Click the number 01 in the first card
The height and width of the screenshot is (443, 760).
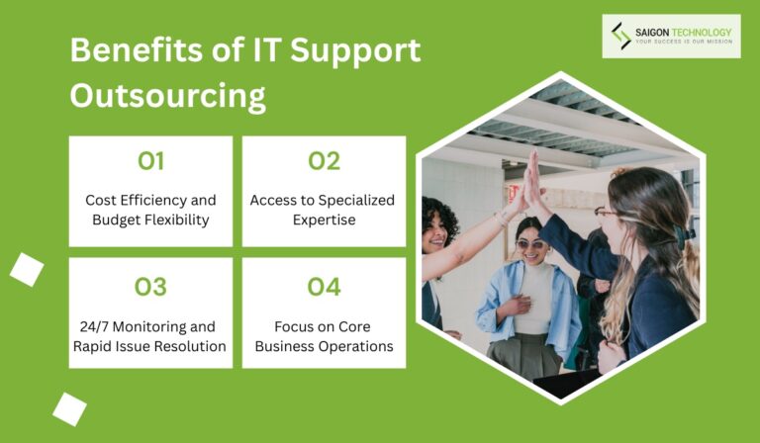(150, 161)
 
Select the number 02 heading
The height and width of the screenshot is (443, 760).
(324, 161)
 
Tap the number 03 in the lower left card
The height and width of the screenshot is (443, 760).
(150, 287)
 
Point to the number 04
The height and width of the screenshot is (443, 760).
(324, 287)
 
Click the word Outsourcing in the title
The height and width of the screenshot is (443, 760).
(168, 96)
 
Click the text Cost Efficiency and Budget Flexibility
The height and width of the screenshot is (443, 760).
(150, 210)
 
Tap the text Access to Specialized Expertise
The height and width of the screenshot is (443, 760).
(323, 210)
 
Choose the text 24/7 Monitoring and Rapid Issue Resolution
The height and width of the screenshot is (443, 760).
(150, 336)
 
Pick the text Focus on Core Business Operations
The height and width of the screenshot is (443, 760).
(324, 336)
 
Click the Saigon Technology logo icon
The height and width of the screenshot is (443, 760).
(620, 36)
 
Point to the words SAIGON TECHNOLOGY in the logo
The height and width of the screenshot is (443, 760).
(684, 32)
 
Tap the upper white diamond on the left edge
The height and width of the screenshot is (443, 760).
(27, 269)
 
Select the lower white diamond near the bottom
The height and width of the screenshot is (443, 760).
(69, 408)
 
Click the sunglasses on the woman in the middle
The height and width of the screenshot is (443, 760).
(530, 244)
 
